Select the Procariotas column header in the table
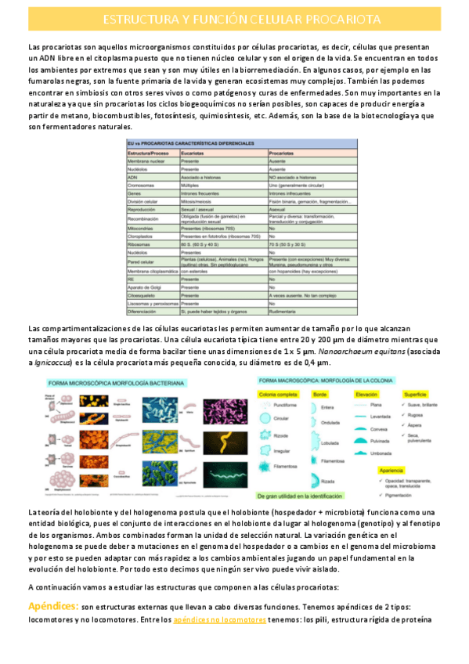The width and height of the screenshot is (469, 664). tap(283, 153)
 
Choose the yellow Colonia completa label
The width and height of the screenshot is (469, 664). tap(282, 394)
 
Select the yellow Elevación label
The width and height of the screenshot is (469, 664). tap(366, 394)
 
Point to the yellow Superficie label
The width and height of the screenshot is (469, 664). tap(416, 394)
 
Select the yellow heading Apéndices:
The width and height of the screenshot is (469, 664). tap(52, 607)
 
